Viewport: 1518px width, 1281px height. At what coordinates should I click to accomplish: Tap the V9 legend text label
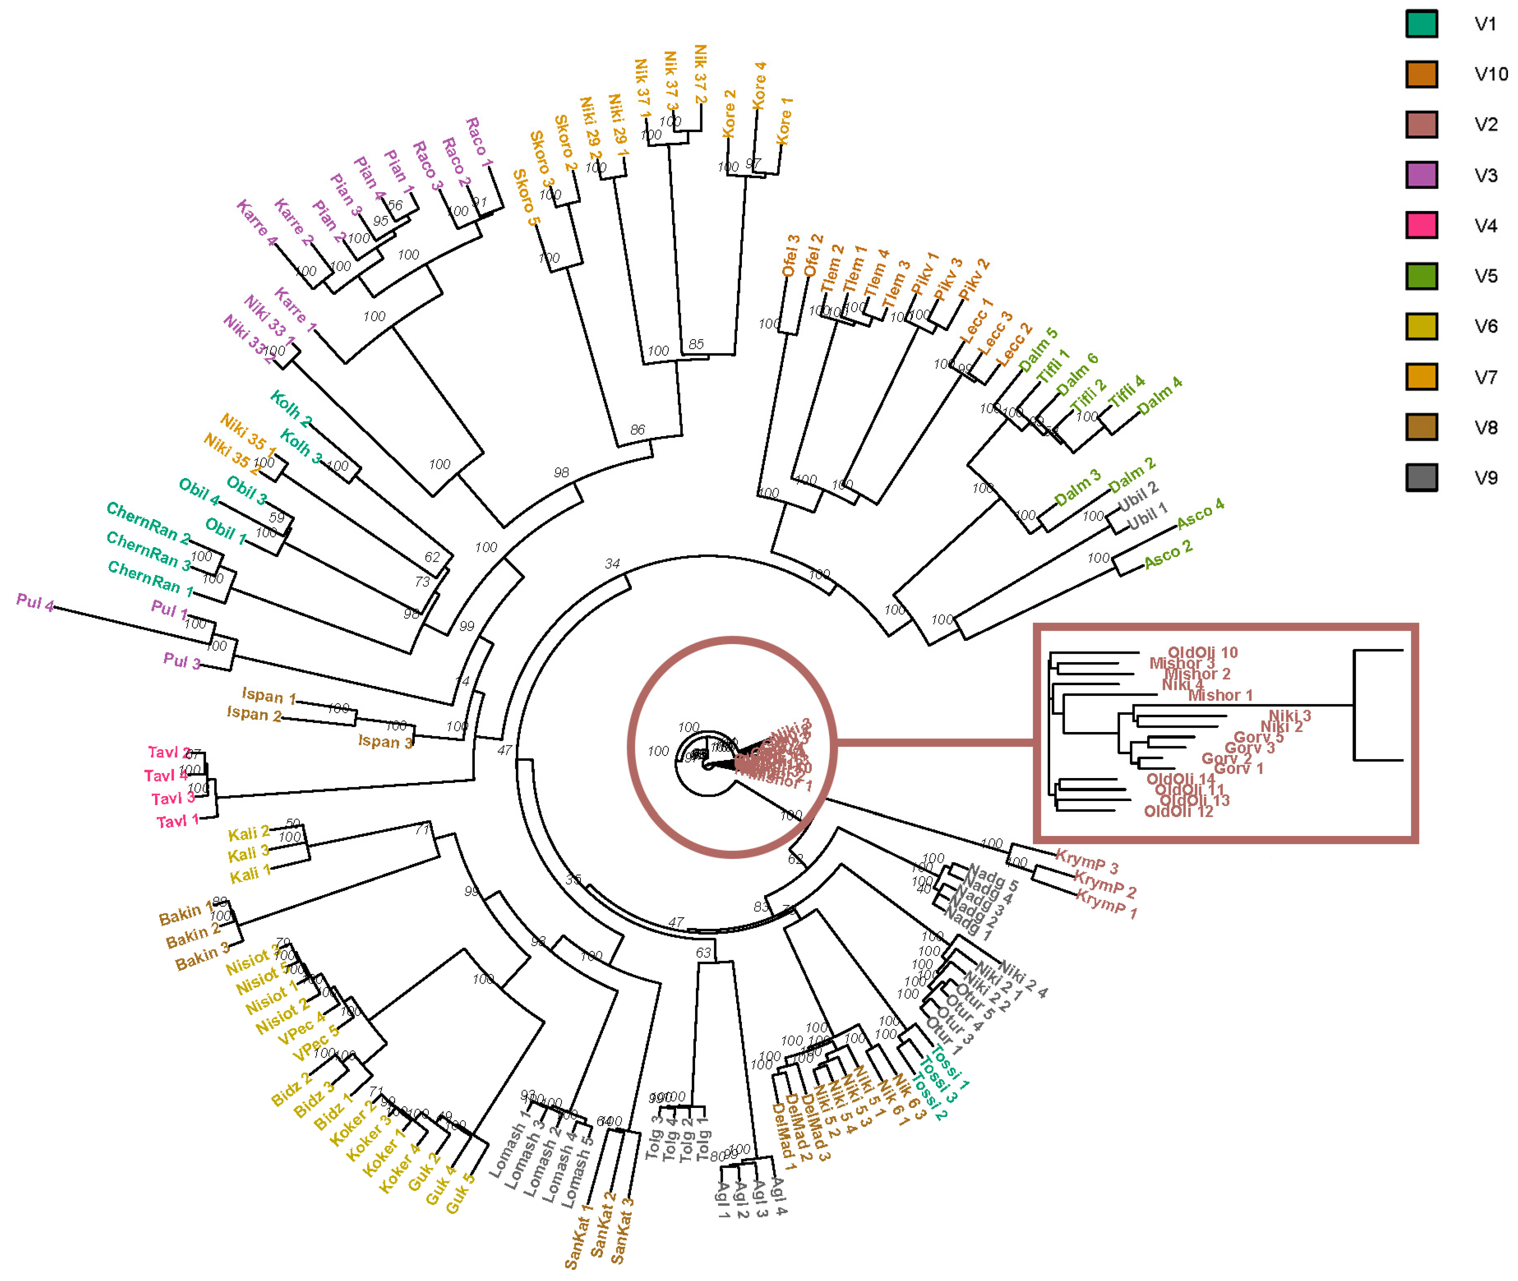point(1485,478)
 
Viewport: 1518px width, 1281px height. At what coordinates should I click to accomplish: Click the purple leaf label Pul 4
point(35,603)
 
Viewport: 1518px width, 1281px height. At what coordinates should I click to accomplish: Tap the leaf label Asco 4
point(1200,513)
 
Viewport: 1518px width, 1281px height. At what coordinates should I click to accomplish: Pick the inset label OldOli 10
point(1202,652)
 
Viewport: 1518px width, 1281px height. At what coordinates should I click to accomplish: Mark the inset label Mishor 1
point(1220,695)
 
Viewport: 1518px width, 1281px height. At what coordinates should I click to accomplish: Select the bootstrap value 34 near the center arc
point(612,564)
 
